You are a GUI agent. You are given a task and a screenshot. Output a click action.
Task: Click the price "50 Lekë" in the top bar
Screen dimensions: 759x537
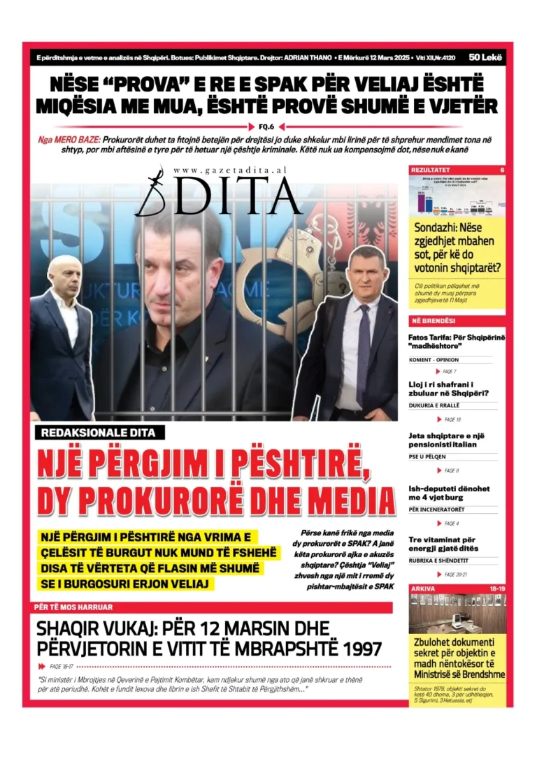click(483, 57)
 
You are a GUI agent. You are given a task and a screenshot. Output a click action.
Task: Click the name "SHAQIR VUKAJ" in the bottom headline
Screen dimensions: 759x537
click(106, 628)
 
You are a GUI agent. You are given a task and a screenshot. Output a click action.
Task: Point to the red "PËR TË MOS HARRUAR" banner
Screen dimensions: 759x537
click(73, 607)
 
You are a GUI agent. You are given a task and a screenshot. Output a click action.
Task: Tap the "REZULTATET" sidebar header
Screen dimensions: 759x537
click(431, 170)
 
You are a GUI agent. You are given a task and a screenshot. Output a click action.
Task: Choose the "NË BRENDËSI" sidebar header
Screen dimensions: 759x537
click(434, 320)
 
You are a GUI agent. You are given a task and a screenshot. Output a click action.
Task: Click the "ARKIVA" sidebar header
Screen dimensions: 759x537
click(423, 588)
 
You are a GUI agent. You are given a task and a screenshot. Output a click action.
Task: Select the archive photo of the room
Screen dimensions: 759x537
click(457, 613)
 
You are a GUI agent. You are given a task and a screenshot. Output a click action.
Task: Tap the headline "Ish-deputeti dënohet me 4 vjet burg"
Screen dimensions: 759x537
click(449, 493)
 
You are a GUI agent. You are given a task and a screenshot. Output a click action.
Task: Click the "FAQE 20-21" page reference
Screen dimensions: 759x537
click(455, 574)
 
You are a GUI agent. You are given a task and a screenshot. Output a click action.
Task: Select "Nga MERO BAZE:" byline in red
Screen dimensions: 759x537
click(69, 139)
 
